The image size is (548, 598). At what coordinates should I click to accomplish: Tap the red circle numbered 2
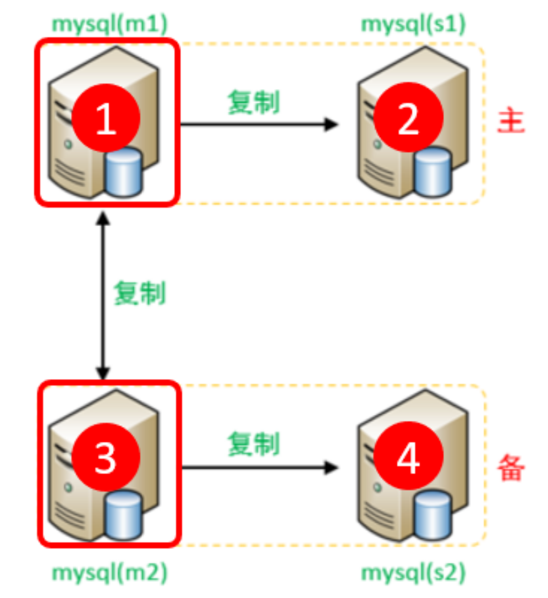click(408, 118)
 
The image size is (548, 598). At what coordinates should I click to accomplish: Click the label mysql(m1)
click(109, 24)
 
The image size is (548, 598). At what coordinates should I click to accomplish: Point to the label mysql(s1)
click(413, 24)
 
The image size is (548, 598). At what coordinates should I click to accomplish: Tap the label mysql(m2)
click(109, 573)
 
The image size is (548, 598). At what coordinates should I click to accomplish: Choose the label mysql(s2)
click(413, 573)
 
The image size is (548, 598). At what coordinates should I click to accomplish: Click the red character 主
click(511, 123)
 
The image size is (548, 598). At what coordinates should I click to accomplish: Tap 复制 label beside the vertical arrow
click(139, 293)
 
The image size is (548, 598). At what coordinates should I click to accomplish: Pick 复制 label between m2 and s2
click(254, 443)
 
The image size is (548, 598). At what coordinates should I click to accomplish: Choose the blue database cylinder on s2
click(433, 515)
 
